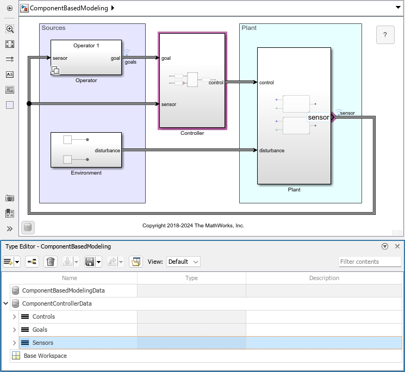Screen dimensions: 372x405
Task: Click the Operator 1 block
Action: tap(86, 58)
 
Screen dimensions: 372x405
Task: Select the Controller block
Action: tap(192, 80)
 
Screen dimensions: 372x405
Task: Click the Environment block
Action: tap(86, 150)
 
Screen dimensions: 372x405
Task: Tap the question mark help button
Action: tap(385, 35)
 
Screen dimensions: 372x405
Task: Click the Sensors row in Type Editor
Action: tap(43, 343)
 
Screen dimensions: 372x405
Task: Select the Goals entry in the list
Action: tap(40, 330)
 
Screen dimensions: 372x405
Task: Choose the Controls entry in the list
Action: tap(43, 317)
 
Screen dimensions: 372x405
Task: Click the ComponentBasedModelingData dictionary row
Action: tap(63, 290)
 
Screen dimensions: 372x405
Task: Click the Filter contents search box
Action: tap(370, 262)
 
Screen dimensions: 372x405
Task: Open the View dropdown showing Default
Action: tap(183, 262)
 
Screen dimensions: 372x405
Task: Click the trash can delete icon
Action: tap(51, 262)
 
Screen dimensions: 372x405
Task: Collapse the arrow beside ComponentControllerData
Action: tap(6, 303)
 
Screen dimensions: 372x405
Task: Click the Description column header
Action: tap(324, 278)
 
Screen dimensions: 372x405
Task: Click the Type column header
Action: tap(191, 278)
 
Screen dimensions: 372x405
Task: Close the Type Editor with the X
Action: tap(397, 246)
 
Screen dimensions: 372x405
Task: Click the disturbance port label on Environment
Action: tap(107, 151)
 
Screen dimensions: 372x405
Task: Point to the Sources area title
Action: tap(53, 28)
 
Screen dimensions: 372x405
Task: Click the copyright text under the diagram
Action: tap(193, 225)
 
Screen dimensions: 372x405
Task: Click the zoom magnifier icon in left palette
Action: tap(10, 29)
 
